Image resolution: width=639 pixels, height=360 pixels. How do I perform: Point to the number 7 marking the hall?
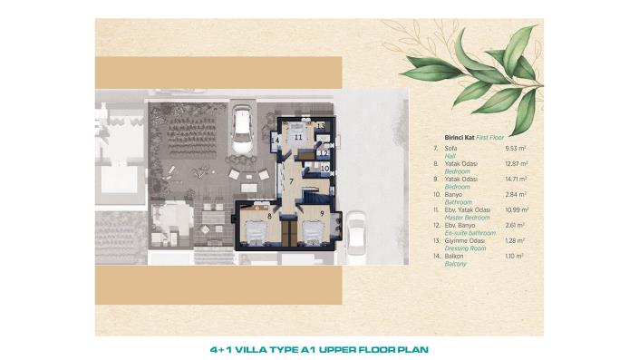pyautogui.click(x=291, y=181)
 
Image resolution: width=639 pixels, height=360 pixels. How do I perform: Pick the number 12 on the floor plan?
pyautogui.click(x=324, y=153)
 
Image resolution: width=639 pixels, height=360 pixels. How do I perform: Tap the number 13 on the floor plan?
pyautogui.click(x=320, y=125)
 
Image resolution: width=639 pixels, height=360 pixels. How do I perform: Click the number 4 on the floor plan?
pyautogui.click(x=276, y=141)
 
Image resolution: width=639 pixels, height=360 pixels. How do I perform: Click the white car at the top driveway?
pyautogui.click(x=243, y=127)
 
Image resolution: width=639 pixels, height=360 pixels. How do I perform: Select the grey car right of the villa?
pyautogui.click(x=355, y=230)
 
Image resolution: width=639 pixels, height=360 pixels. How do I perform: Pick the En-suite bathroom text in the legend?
pyautogui.click(x=470, y=232)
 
